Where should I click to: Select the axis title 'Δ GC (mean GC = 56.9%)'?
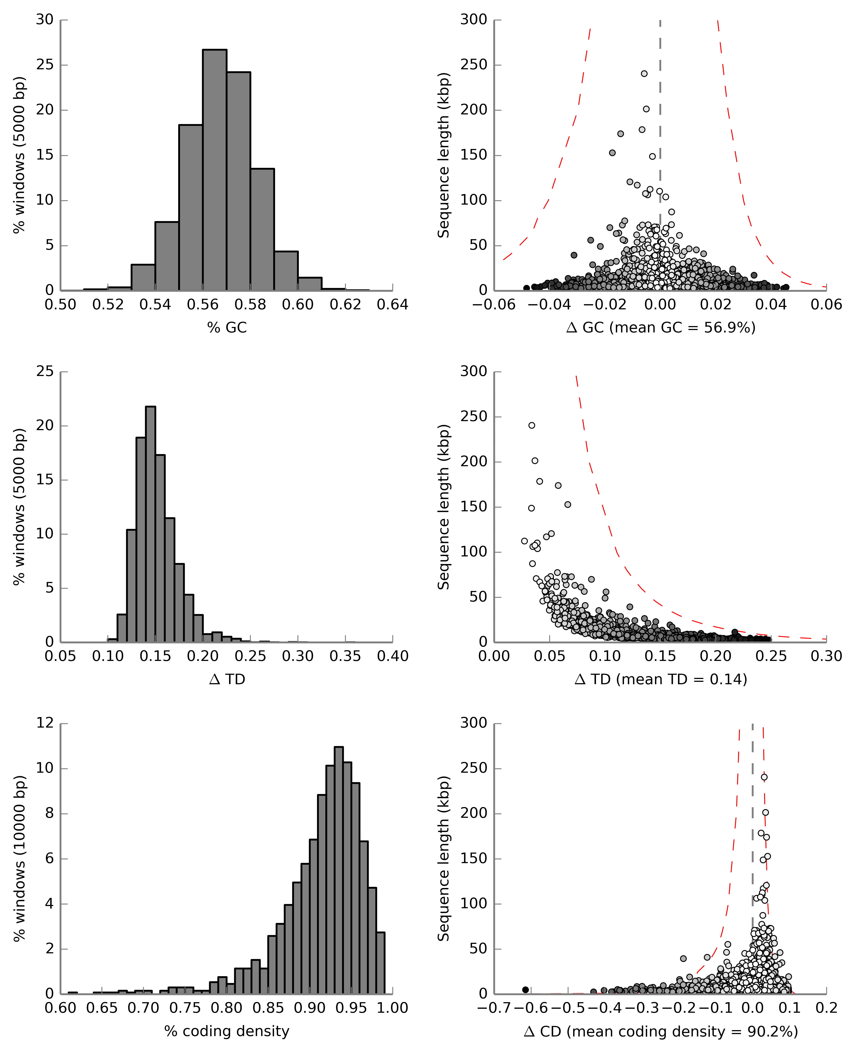point(661,328)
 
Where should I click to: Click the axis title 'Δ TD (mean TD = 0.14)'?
point(661,679)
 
